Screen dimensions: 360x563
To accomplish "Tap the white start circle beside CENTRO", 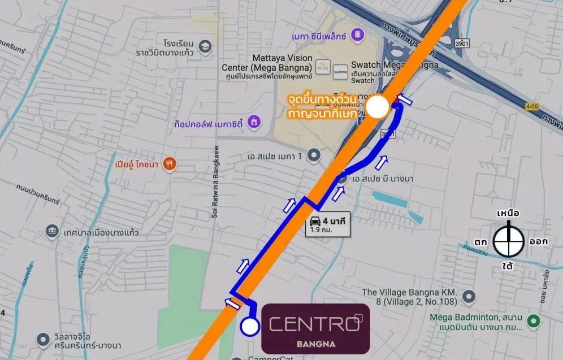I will coord(249,326).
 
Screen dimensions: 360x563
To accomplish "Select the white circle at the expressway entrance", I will coord(378,106).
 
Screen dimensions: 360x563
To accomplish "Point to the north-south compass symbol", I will coord(507,241).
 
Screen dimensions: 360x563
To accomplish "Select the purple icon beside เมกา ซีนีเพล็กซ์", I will coord(357,36).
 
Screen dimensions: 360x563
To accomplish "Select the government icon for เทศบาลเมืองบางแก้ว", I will coord(51,232).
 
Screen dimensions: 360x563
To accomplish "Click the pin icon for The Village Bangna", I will coord(468,297).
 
